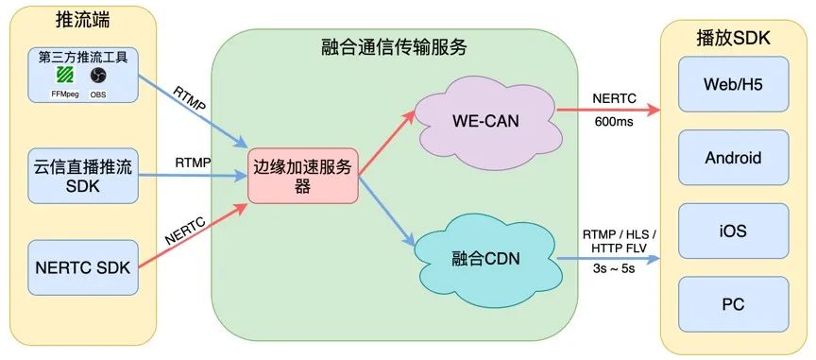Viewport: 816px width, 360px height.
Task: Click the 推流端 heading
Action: coord(80,20)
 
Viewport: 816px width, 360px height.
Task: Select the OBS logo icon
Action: coord(98,76)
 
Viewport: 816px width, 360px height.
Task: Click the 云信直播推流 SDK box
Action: coord(79,176)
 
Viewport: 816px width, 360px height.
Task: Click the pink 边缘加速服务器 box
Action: coord(303,176)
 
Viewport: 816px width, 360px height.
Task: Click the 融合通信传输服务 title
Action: coord(394,46)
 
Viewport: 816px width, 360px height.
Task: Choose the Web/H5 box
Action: coord(733,84)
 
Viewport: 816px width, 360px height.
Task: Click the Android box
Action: coord(733,158)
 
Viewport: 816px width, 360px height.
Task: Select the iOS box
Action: coord(733,231)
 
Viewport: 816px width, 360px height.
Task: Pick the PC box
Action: coord(733,305)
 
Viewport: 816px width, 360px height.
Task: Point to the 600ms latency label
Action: coord(612,124)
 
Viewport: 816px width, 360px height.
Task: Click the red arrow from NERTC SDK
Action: coord(193,236)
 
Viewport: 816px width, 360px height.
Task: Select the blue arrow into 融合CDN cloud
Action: coord(387,217)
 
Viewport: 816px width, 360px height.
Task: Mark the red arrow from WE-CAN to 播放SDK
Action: coord(604,110)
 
